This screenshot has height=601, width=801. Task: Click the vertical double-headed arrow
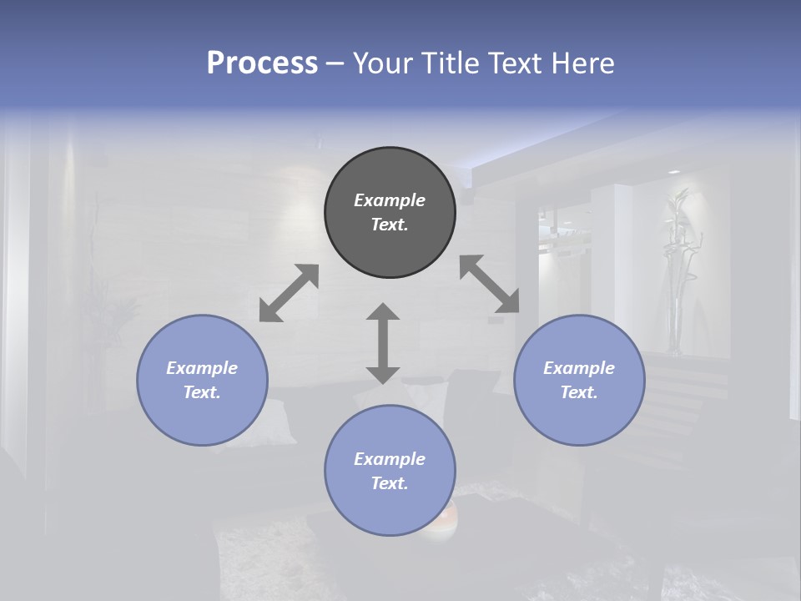[383, 343]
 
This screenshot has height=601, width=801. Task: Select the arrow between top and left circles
[289, 293]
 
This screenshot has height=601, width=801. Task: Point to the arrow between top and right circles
[490, 284]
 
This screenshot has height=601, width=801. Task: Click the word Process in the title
[262, 63]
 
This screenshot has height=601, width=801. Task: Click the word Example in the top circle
[390, 200]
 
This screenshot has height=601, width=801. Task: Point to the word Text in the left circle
[202, 392]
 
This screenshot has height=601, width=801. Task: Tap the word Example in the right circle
[579, 368]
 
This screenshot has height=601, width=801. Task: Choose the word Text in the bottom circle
[390, 483]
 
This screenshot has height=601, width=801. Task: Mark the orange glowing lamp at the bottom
[441, 522]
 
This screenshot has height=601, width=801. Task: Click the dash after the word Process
[335, 63]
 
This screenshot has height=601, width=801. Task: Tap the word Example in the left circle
[202, 368]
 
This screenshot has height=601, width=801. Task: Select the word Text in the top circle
[390, 225]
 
